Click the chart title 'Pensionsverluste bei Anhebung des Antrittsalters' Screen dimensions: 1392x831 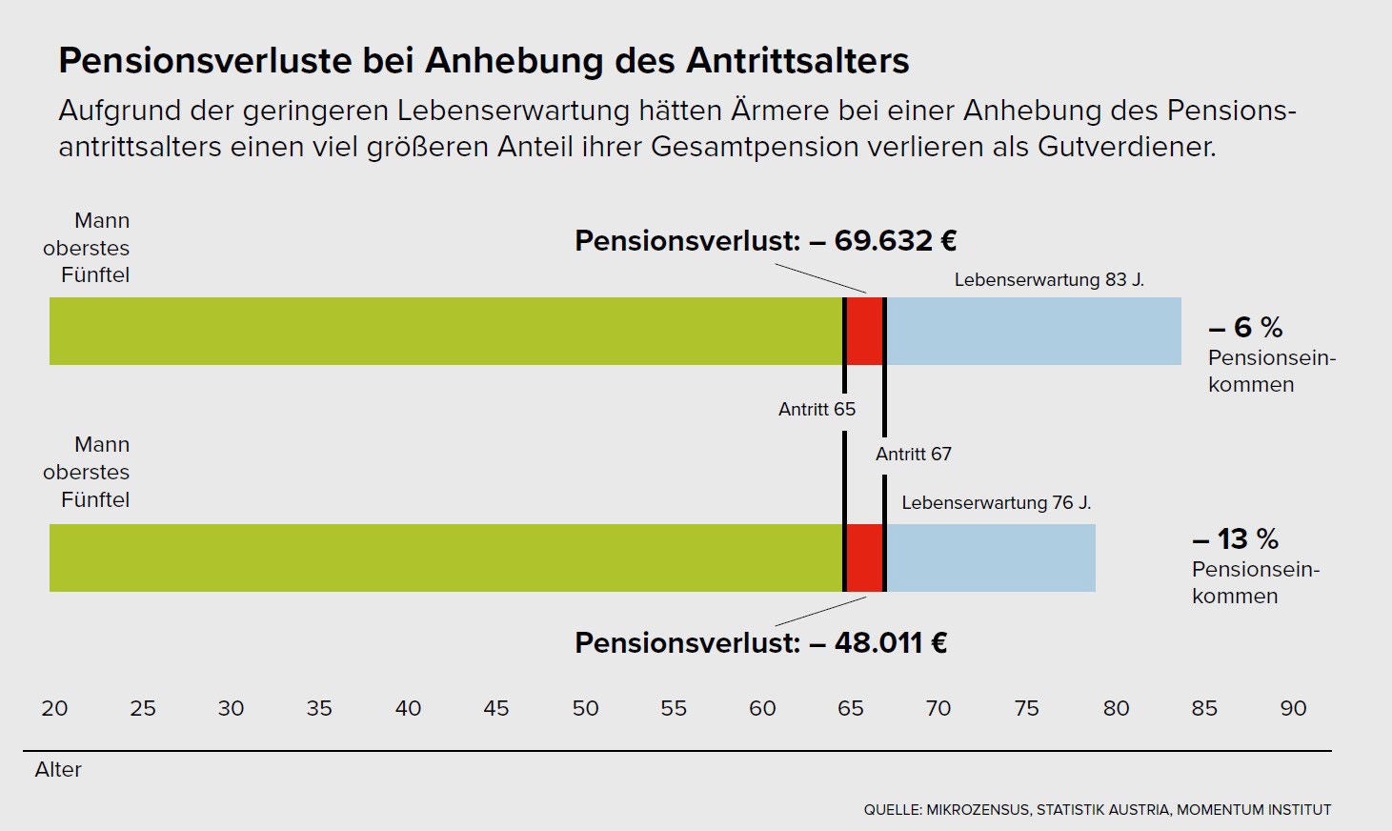point(483,61)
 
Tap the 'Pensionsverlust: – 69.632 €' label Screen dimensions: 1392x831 point(765,240)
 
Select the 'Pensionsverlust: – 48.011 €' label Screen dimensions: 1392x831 point(760,642)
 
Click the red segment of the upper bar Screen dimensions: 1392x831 point(864,332)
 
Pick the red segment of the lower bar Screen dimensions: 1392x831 point(864,557)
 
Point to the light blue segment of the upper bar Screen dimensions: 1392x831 point(1034,332)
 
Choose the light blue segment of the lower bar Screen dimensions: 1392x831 point(991,557)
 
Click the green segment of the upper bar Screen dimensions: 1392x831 point(446,332)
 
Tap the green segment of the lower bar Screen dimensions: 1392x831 point(446,557)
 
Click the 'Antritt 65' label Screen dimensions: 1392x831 point(817,409)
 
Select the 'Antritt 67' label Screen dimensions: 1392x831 point(914,454)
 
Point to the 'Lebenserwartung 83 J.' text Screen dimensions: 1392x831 point(1049,279)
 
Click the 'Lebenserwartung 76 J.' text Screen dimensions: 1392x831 point(997,502)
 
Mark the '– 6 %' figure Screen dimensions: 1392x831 point(1245,327)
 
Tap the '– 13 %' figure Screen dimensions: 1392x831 point(1236,538)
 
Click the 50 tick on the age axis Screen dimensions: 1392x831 point(585,708)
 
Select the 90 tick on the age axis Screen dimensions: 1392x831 point(1293,708)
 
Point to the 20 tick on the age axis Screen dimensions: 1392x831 point(54,708)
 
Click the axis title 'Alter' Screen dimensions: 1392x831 point(58,769)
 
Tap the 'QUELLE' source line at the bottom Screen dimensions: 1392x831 point(1098,810)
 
